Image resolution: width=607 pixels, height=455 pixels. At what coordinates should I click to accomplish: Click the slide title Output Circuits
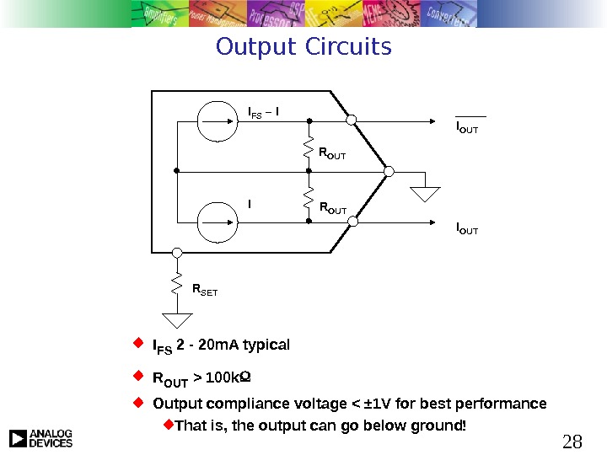coord(303,46)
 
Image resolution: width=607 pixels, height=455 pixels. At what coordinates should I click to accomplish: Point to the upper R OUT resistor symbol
coord(309,153)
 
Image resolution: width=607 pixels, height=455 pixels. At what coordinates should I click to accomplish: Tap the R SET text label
coord(205,291)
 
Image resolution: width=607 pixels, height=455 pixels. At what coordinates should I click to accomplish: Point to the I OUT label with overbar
coord(467,129)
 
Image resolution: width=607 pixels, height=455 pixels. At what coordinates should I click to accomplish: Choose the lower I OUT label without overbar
coord(467,228)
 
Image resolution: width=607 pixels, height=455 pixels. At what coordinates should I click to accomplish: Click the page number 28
coord(572,441)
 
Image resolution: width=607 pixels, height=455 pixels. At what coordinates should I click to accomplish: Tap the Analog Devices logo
coord(40,438)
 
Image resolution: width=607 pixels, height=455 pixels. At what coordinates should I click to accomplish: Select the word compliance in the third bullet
coord(236,404)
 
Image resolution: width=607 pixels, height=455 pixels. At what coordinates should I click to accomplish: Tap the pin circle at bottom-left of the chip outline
coord(177,253)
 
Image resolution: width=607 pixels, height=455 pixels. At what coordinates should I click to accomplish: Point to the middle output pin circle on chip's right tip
coord(389,171)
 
